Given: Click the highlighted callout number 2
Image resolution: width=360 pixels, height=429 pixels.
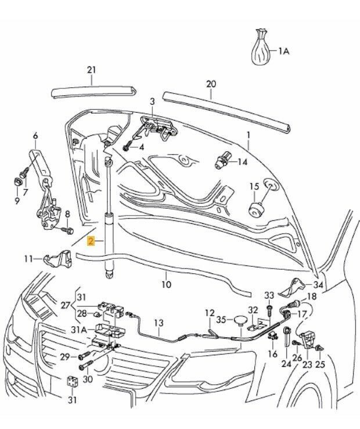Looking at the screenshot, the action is tap(91, 241).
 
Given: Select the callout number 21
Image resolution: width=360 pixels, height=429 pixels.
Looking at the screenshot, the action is tap(91, 70).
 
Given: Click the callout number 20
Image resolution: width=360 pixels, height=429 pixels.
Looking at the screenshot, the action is tap(211, 84).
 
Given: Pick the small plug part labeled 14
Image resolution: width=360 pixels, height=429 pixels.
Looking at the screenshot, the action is tap(222, 160).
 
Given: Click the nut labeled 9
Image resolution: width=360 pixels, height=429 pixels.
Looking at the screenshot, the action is tap(17, 182).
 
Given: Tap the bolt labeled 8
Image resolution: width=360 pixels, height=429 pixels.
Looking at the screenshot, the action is tap(67, 230).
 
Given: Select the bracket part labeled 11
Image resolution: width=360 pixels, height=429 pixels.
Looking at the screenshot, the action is tap(58, 258).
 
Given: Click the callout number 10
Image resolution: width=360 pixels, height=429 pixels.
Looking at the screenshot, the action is tap(166, 284).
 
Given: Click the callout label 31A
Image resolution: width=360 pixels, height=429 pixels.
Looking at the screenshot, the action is tap(78, 330).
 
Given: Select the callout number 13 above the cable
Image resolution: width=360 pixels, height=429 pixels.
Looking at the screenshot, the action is tap(159, 323).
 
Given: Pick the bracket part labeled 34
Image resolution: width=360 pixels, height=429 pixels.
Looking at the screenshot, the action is tap(291, 287).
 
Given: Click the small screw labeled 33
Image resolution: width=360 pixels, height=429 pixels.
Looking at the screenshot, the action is tap(269, 308).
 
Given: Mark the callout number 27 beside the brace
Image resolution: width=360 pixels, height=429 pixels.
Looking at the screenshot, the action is tap(66, 305).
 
